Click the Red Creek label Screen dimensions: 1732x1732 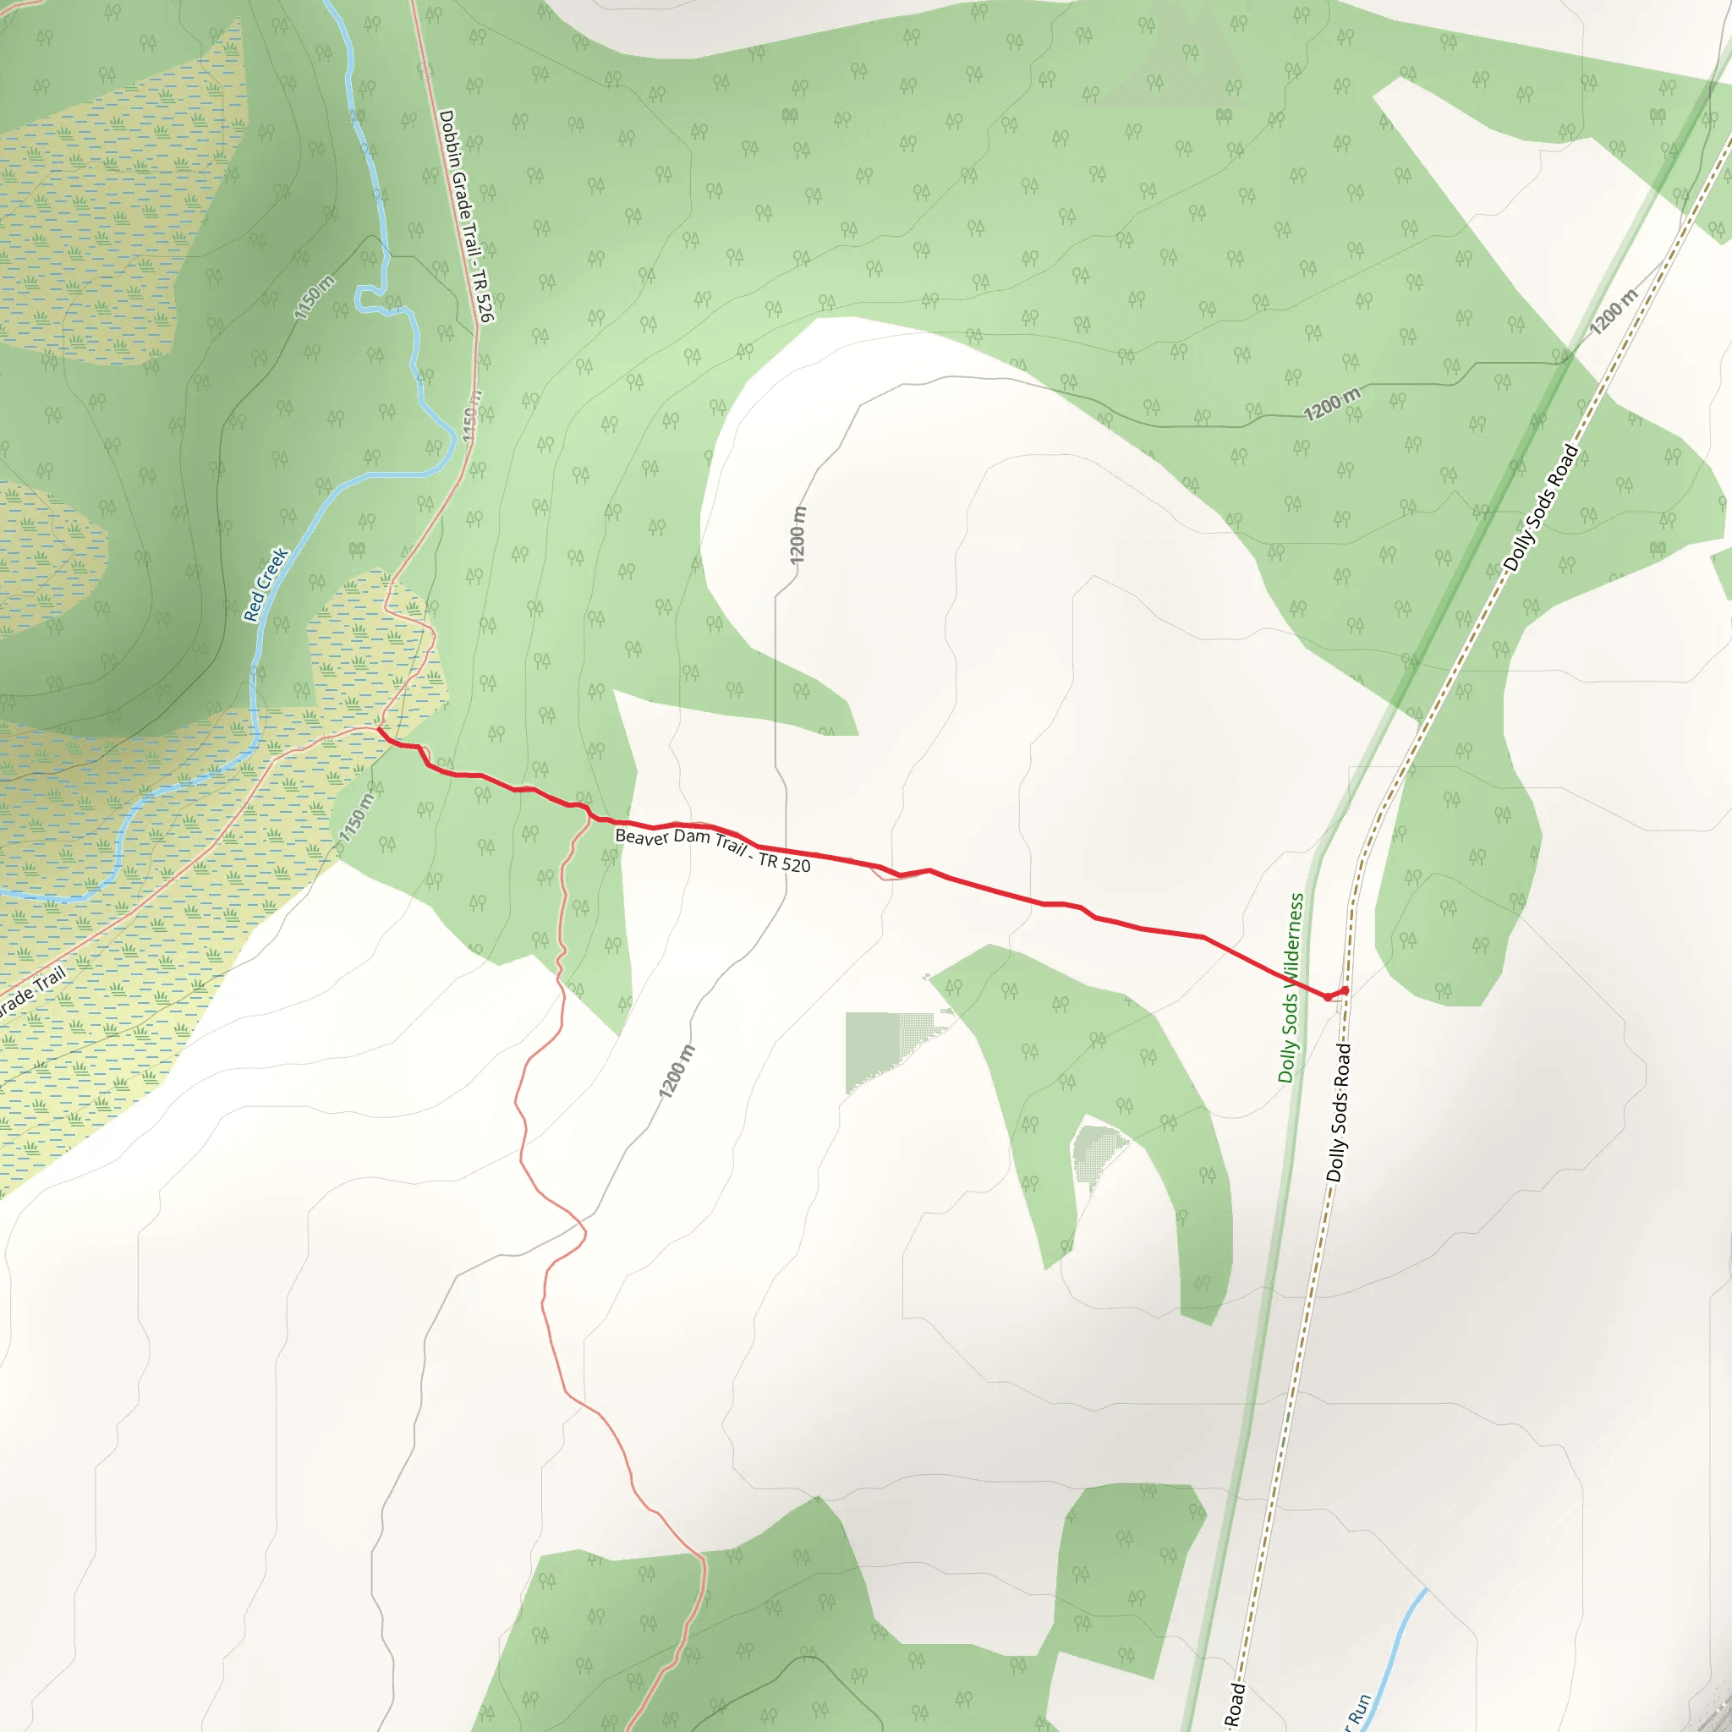pos(266,584)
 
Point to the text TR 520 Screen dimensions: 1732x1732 pos(785,863)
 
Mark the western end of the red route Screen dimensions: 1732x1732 pos(380,730)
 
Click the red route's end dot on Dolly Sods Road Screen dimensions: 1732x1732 pos(1345,989)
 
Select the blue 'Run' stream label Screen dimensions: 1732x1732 pos(1359,1708)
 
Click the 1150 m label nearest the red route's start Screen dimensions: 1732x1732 pos(357,817)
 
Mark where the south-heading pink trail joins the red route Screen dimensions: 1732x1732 pos(589,815)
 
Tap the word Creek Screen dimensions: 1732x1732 pos(274,567)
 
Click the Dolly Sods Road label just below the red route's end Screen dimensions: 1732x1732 pos(1339,1111)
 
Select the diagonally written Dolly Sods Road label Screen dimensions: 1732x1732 pos(1541,508)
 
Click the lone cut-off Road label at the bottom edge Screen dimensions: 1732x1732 pos(1236,1704)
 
